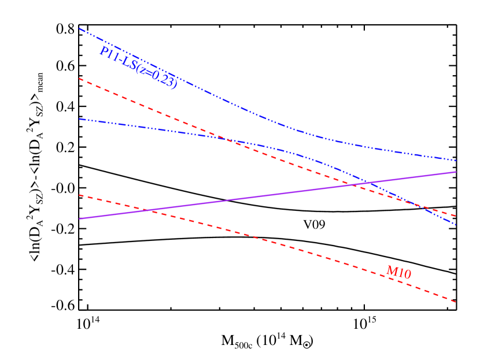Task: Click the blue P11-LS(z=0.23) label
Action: [x=138, y=68]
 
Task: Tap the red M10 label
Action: [x=398, y=272]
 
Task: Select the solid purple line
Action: [x=266, y=195]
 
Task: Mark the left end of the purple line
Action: [x=79, y=218]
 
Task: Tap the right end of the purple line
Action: [x=456, y=172]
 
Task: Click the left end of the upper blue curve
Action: [x=79, y=28]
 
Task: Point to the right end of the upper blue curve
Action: [x=456, y=160]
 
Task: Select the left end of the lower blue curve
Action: [x=79, y=119]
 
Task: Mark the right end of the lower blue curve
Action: [x=456, y=224]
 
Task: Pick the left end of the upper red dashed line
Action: [x=79, y=79]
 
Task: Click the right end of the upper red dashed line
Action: [x=456, y=216]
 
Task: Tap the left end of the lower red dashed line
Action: [x=79, y=195]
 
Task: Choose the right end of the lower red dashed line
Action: [x=456, y=302]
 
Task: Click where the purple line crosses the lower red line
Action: [x=150, y=210]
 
